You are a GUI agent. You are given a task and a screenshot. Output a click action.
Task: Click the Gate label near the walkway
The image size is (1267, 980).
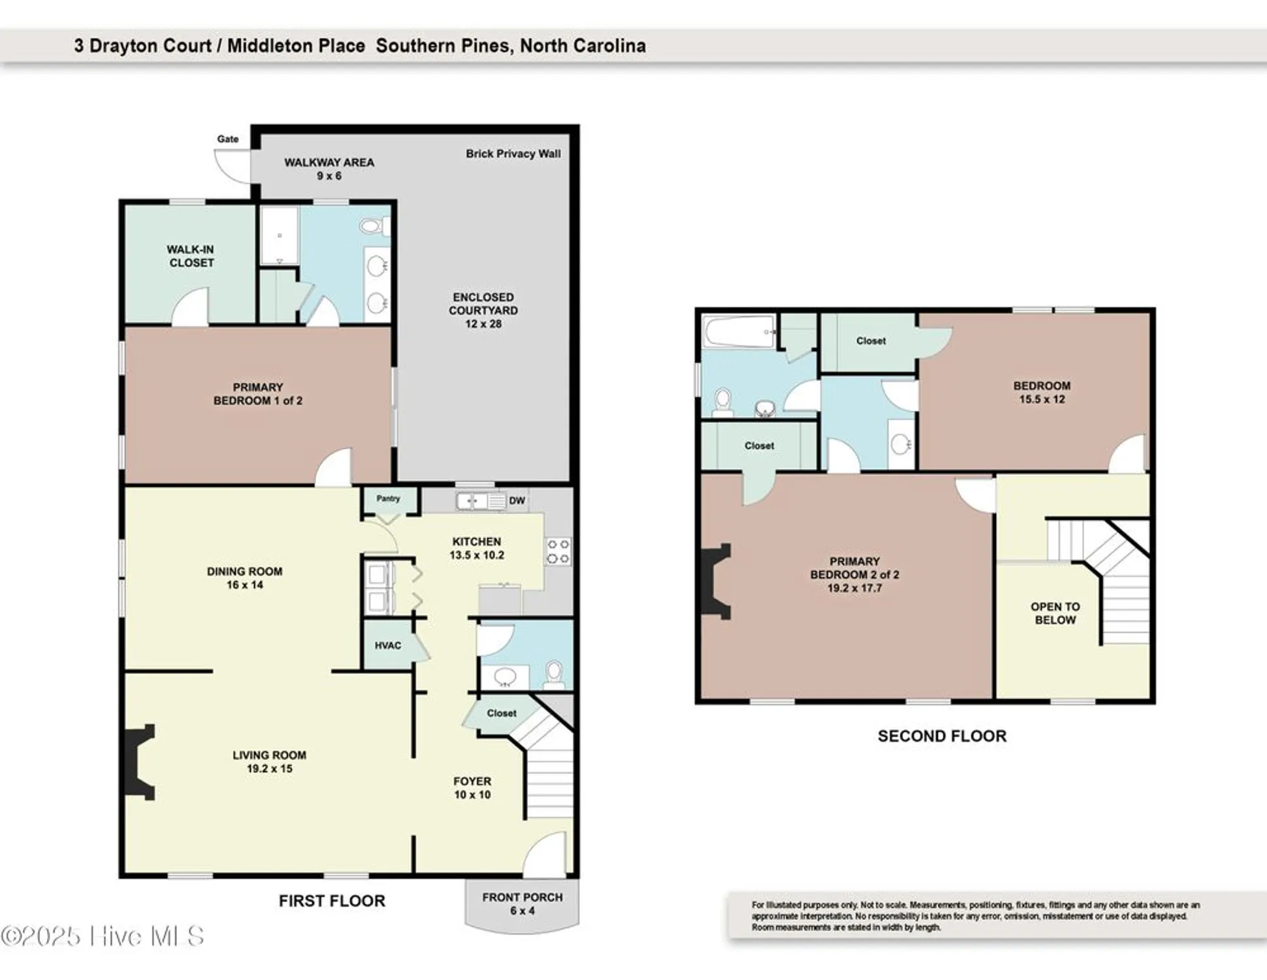point(228,139)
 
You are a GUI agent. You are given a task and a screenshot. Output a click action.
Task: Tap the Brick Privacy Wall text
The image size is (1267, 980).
point(513,154)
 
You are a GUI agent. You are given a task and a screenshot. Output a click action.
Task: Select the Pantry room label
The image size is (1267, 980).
point(388,499)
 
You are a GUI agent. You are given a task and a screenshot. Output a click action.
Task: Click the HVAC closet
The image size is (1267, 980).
point(388,645)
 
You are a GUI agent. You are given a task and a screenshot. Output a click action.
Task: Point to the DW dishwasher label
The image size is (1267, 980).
point(517,501)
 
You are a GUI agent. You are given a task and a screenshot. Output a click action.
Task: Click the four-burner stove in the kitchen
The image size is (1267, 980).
point(558,551)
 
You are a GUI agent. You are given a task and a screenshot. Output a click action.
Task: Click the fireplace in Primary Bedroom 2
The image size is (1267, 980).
point(716,581)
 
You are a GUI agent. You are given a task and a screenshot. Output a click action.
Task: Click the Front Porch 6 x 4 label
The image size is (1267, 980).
point(522,904)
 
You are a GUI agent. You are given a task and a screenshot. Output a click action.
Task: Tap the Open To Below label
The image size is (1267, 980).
point(1055,613)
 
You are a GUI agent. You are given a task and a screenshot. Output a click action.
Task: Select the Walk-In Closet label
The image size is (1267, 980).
point(191,256)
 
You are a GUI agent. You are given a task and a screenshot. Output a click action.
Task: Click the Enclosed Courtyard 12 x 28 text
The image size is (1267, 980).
point(483,311)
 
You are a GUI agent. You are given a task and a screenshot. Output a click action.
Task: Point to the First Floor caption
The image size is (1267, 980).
point(332,901)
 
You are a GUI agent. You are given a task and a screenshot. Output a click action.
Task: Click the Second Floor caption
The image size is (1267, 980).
point(942,736)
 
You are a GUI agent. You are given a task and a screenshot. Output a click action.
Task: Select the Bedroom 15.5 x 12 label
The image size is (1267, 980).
point(1042,393)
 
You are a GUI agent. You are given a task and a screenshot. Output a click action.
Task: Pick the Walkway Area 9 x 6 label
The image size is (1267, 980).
point(329,169)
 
